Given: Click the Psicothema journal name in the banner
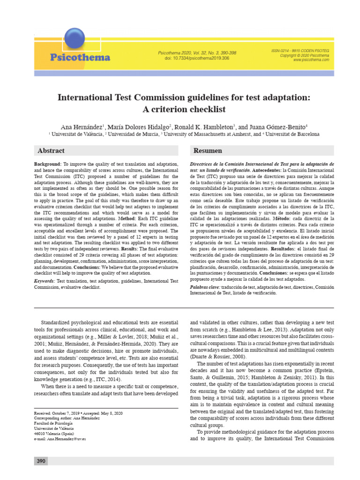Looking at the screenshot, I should (x=80, y=58).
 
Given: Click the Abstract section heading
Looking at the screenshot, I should (x=51, y=151).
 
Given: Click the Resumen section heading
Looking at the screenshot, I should (x=208, y=151).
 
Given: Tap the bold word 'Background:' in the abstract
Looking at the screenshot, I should (x=48, y=165).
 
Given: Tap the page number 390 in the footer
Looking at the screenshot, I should (x=41, y=461).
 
